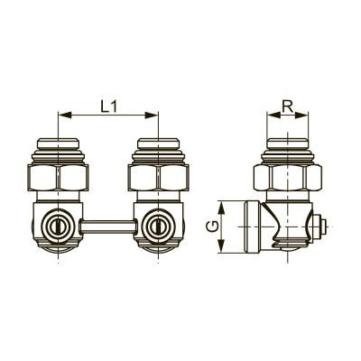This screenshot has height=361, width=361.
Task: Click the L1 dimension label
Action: pyautogui.click(x=108, y=106)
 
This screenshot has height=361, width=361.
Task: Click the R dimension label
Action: pyautogui.click(x=288, y=106)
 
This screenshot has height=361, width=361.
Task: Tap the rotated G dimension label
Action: pyautogui.click(x=212, y=227)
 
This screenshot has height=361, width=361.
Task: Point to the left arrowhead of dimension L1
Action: pyautogui.click(x=65, y=115)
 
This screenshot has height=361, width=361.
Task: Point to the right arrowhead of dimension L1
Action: pyautogui.click(x=152, y=115)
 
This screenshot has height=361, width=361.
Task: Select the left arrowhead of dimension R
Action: pyautogui.click(x=273, y=115)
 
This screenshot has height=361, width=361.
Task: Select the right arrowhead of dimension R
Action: pyautogui.click(x=301, y=115)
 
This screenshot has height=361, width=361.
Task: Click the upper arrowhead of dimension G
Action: pyautogui.click(x=221, y=208)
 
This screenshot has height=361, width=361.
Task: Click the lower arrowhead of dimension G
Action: pyautogui.click(x=221, y=245)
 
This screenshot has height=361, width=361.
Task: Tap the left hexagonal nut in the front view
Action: pyautogui.click(x=58, y=177)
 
